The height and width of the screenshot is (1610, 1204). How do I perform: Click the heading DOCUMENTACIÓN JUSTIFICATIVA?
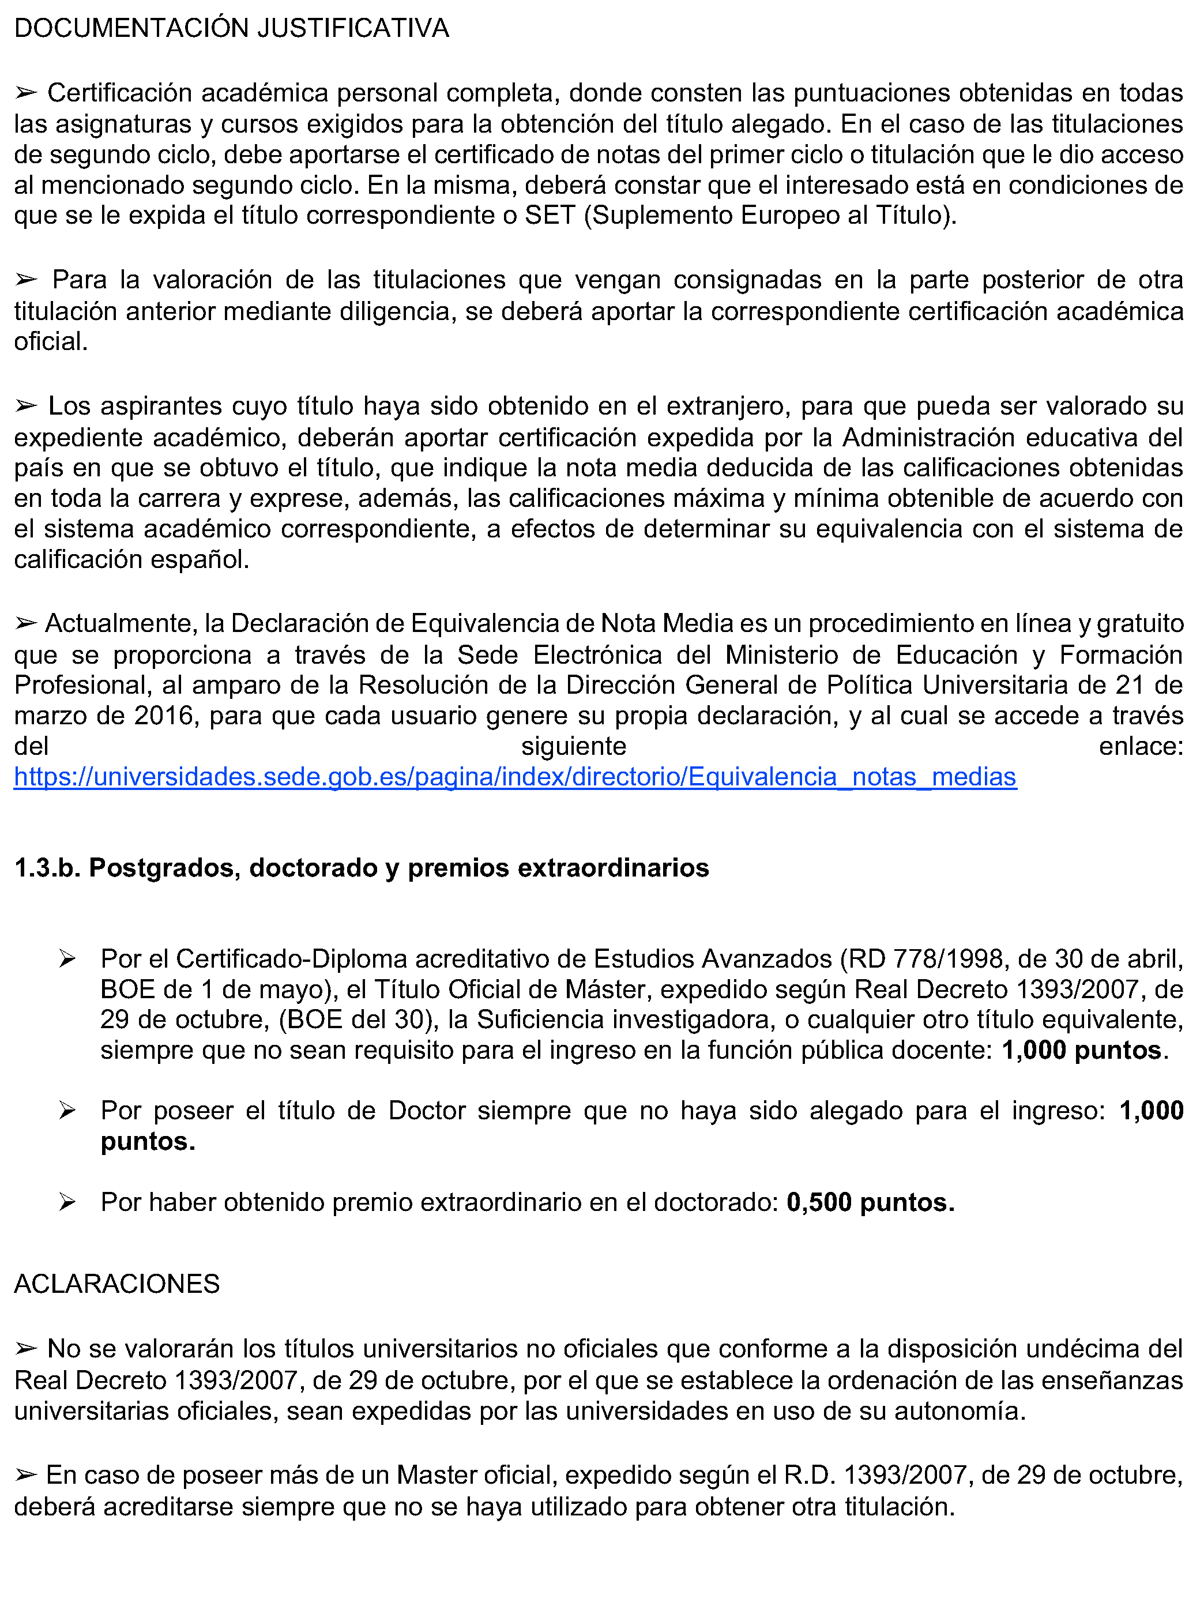(x=231, y=28)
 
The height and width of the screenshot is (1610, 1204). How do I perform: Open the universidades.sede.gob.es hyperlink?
(x=515, y=777)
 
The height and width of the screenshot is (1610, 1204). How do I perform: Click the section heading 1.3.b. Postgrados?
(x=361, y=868)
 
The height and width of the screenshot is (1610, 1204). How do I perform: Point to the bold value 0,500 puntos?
(x=870, y=1202)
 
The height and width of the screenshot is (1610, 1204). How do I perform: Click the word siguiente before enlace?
(x=574, y=746)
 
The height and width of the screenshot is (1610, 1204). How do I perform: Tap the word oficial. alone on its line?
(x=51, y=341)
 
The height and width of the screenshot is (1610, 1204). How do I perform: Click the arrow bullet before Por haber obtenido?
(x=67, y=1202)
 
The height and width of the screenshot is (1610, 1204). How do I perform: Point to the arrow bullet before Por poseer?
(x=67, y=1110)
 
